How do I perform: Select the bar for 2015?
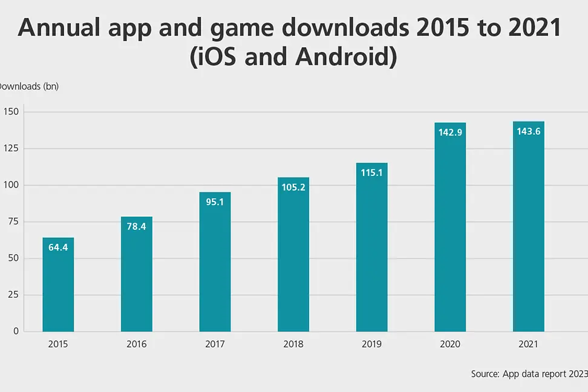[x=58, y=284]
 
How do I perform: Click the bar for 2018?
[x=293, y=254]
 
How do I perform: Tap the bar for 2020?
[x=450, y=227]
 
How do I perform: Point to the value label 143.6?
[x=528, y=131]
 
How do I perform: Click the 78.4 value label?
[x=136, y=226]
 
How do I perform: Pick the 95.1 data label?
[x=215, y=202]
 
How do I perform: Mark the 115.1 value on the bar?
[x=371, y=172]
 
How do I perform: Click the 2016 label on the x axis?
[x=136, y=344]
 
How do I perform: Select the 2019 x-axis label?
[x=371, y=344]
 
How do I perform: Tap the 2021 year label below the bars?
[x=528, y=344]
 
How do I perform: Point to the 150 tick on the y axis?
[x=11, y=112]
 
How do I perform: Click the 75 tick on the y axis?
[x=14, y=222]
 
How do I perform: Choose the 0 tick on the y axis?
[x=16, y=332]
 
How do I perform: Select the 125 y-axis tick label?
[x=11, y=149]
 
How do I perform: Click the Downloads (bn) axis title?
[x=29, y=86]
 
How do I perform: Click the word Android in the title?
[x=345, y=58]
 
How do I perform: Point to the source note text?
[x=529, y=374]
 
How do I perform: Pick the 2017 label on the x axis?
[x=215, y=344]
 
